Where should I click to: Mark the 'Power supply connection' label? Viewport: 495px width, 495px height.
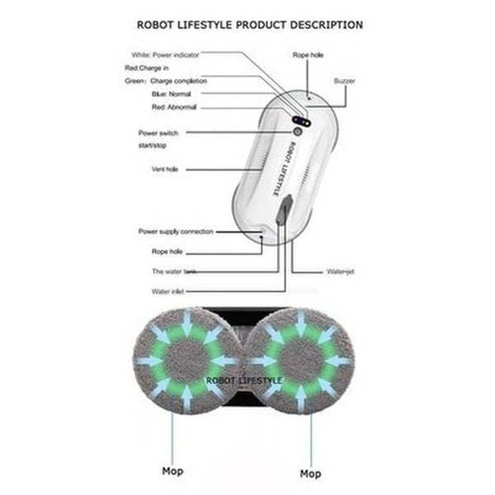176,232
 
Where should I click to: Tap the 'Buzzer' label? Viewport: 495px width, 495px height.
344,81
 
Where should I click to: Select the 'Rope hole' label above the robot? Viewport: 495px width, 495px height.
308,54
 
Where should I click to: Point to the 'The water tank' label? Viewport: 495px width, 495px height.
168,271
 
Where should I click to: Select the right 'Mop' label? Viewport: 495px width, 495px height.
310,474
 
